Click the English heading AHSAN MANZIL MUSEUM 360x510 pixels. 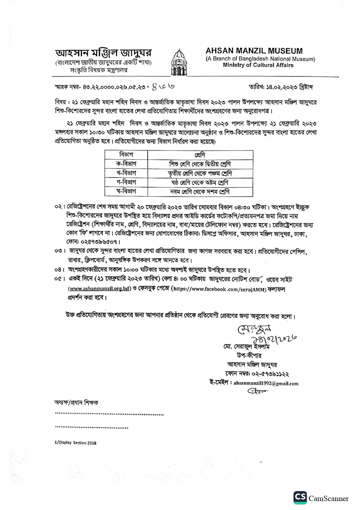(x=254, y=51)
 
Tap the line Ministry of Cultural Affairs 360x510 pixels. (x=258, y=65)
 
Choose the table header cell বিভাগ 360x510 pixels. (x=126, y=155)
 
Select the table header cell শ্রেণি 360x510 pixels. (x=200, y=155)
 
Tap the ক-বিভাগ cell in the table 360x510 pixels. (x=126, y=164)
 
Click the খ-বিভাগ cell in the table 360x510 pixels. (x=126, y=173)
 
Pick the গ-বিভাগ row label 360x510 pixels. (x=126, y=182)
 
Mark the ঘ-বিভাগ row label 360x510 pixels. (x=126, y=192)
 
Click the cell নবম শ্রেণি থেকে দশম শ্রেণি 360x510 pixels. (x=200, y=192)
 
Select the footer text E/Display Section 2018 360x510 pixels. (x=75, y=443)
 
